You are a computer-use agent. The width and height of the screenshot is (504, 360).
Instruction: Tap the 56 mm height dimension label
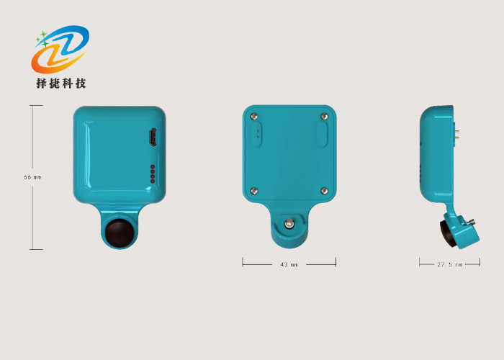coord(33,177)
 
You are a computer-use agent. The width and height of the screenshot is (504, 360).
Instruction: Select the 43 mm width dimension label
coord(289,264)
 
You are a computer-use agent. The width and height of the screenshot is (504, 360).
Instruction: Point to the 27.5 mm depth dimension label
coord(449,264)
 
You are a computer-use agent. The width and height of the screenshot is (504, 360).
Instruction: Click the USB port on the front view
coord(152,138)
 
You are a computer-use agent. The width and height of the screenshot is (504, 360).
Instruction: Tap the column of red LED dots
coord(151,174)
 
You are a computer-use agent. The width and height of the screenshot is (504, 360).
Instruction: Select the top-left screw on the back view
coord(253,116)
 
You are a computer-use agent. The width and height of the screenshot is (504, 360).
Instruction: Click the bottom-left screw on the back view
coord(253,191)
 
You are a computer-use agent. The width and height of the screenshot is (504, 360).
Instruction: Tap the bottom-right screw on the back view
coord(324,191)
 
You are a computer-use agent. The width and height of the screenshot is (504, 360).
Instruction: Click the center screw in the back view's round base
coord(289,223)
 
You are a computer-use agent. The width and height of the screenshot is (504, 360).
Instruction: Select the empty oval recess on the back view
coord(323,134)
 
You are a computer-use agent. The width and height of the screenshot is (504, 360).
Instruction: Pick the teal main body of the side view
coord(435,155)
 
